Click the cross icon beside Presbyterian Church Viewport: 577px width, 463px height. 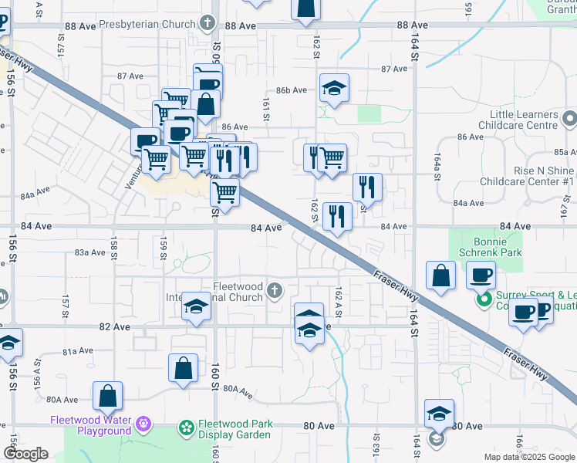coord(207,24)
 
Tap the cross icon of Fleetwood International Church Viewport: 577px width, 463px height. coord(275,291)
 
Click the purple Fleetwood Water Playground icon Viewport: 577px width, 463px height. coord(143,424)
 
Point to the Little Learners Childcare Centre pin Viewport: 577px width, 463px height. coord(569,119)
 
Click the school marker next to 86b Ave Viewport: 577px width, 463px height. coord(334,90)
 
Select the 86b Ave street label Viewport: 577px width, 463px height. coord(292,90)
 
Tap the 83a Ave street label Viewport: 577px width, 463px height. coord(89,252)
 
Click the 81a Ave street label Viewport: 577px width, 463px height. coord(77,351)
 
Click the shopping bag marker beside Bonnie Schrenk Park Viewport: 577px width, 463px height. coord(440,277)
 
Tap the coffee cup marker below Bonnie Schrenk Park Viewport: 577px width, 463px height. coord(481,275)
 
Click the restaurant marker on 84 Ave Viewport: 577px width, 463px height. coord(337,217)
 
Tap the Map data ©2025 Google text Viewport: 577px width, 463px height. coord(528,457)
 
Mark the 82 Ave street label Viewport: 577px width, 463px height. coord(115,326)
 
